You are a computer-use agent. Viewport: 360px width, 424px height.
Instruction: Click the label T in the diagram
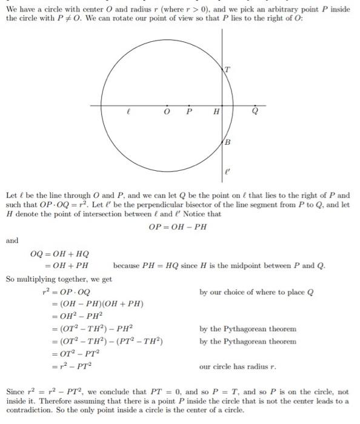coord(227,68)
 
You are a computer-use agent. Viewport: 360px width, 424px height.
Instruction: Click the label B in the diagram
coord(228,142)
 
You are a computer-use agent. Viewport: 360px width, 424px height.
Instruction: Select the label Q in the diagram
coord(255,113)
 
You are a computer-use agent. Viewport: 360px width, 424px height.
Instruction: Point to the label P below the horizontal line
coord(189,113)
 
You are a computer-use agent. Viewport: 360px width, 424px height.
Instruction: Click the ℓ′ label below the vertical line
coord(228,171)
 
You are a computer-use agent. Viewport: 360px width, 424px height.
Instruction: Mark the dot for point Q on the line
coord(255,105)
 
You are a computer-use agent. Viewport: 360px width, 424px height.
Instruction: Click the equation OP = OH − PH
coord(179,227)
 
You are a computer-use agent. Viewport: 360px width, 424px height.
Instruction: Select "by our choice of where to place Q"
coord(256,292)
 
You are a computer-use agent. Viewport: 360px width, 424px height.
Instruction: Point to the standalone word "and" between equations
coord(12,240)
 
